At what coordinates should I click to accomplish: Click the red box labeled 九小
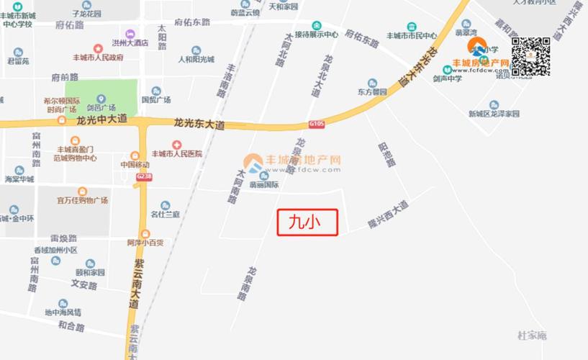(x=307, y=222)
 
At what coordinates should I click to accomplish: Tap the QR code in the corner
(x=532, y=56)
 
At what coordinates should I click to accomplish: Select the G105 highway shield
(x=317, y=124)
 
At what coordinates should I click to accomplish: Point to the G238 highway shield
(x=144, y=176)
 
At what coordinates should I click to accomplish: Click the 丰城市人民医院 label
(x=177, y=154)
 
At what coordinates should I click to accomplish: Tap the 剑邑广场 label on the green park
(x=101, y=107)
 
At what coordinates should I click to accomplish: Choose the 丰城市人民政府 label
(x=99, y=58)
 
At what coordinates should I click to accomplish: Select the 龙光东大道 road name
(x=199, y=125)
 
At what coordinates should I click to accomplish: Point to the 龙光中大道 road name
(x=101, y=120)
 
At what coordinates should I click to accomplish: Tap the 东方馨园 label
(x=372, y=92)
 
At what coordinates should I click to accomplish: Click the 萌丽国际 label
(x=265, y=184)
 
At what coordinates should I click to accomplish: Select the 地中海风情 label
(x=63, y=312)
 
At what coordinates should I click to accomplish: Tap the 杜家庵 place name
(x=533, y=336)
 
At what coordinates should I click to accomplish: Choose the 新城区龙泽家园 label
(x=494, y=114)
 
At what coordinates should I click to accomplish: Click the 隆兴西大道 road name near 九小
(x=388, y=215)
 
